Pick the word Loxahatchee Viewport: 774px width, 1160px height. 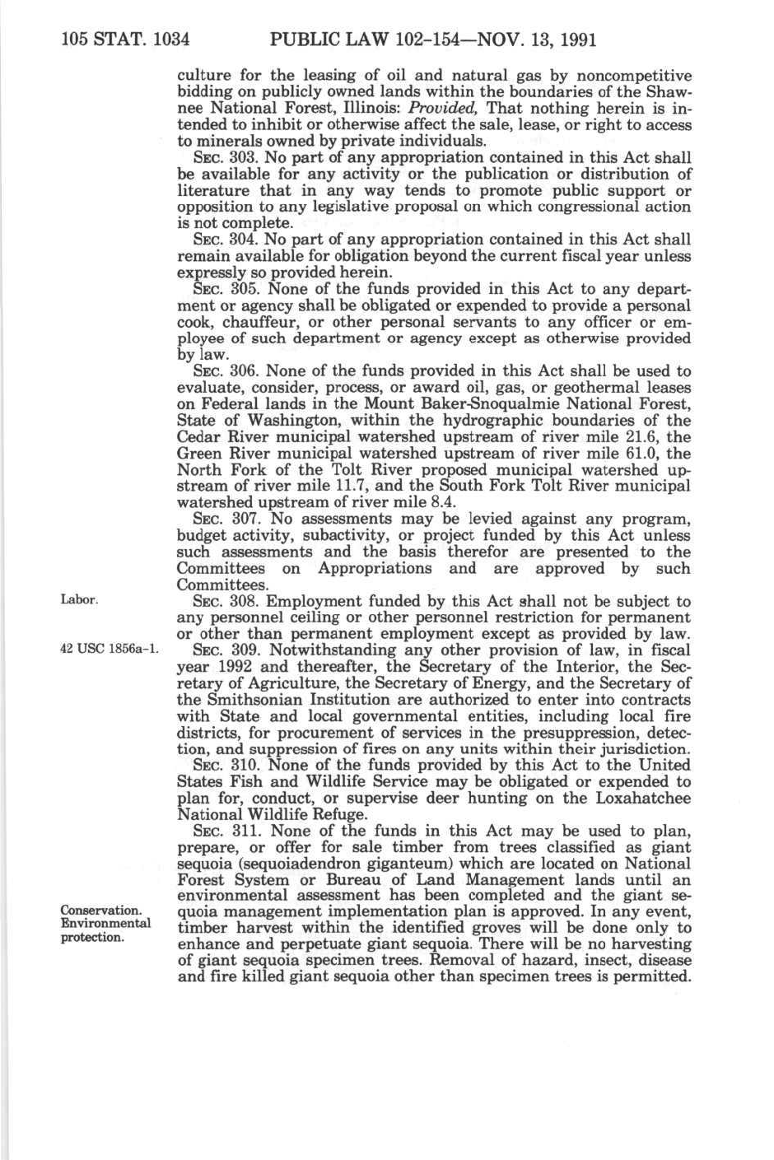click(x=634, y=799)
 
